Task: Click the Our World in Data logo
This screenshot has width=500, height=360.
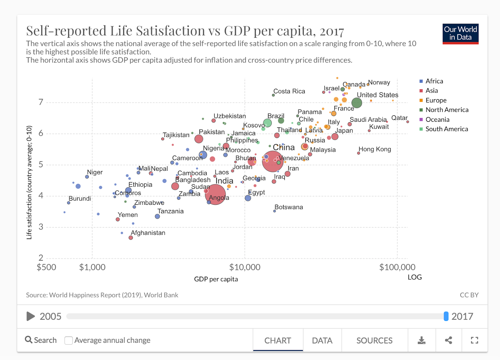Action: point(460,34)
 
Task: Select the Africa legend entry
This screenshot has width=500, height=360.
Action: point(434,81)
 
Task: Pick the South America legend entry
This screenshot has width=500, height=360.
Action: point(446,129)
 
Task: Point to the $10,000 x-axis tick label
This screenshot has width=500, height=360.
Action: point(245,267)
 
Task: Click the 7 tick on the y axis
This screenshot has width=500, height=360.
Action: point(41,102)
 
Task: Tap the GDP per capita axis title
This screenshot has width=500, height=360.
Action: point(216,279)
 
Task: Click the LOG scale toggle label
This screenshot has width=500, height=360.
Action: point(415,277)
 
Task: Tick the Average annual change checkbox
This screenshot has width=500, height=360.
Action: point(68,340)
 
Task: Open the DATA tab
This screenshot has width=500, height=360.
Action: point(322,340)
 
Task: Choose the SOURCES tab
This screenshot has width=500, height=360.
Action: point(374,340)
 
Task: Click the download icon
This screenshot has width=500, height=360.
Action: point(422,340)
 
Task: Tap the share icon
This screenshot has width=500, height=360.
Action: point(448,340)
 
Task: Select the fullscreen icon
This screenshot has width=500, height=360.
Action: point(474,340)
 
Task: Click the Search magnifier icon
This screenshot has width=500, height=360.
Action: point(29,340)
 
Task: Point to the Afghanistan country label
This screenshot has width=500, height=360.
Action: point(148,233)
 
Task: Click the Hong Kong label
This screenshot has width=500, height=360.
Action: point(375,149)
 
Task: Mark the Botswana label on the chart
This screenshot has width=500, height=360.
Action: point(289,207)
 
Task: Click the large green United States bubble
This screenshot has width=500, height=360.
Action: point(357,103)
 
